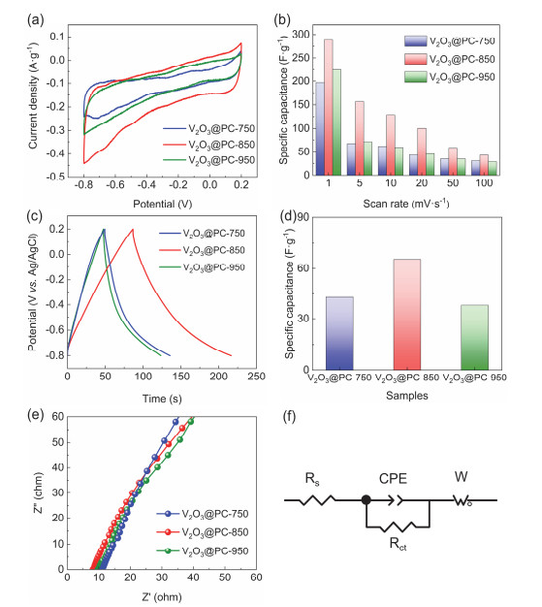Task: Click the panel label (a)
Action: (x=13, y=15)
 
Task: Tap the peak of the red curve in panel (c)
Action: (x=132, y=229)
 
